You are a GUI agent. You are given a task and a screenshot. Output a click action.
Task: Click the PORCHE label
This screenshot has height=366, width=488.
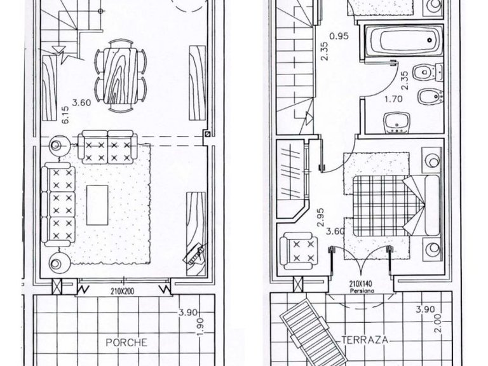tap(126, 342)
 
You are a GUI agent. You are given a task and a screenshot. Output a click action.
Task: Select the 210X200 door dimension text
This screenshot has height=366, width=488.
tap(122, 292)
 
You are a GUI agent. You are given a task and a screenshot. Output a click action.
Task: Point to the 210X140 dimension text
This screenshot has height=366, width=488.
tap(362, 284)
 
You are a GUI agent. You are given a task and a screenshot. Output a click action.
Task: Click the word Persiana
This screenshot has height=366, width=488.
tap(362, 291)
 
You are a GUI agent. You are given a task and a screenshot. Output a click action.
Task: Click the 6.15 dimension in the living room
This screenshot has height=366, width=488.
tap(65, 115)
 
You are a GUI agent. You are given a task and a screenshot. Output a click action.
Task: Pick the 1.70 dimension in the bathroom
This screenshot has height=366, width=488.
tap(394, 99)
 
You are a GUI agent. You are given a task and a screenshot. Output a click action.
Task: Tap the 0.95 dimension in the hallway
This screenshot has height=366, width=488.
tap(339, 36)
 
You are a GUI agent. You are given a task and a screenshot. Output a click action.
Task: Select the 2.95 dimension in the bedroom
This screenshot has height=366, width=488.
tap(320, 217)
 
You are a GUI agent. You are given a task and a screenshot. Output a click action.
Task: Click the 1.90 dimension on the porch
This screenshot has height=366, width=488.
tap(200, 327)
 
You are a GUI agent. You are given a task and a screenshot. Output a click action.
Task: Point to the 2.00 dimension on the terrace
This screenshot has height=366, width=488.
tap(438, 323)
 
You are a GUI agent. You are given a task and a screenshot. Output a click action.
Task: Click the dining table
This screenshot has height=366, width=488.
tap(121, 76)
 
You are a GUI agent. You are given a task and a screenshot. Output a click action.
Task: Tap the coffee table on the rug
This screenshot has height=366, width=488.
tap(97, 205)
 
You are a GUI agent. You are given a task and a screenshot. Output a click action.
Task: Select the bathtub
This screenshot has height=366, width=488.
tap(403, 41)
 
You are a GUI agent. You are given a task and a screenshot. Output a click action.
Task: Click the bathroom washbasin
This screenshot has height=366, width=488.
tap(396, 123)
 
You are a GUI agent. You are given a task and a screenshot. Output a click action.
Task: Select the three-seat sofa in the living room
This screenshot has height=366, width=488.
tap(59, 204)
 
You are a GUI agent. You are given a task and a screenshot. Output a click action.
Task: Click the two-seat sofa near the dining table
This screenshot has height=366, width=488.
tap(107, 147)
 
